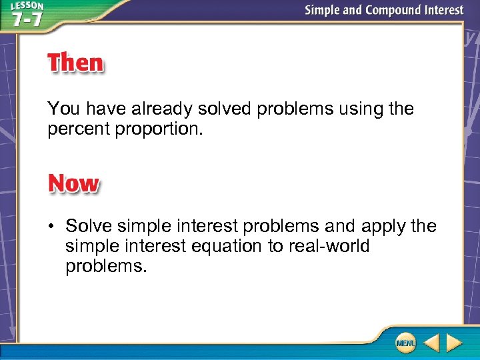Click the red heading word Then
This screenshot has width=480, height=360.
click(x=75, y=63)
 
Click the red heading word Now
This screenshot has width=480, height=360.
click(x=73, y=183)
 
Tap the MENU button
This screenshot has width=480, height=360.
click(x=405, y=343)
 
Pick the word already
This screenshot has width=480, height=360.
click(x=156, y=109)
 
